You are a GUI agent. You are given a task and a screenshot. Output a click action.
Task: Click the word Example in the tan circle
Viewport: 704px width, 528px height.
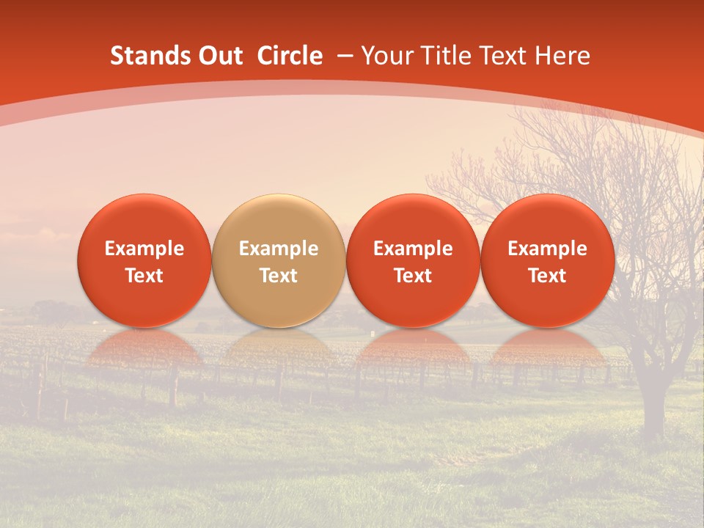point(279,249)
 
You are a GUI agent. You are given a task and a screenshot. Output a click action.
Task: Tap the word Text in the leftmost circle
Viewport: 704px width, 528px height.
point(144,276)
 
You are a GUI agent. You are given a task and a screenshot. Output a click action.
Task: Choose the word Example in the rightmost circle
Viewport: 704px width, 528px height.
point(548,249)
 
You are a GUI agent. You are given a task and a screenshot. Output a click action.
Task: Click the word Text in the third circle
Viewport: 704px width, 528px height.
point(413,276)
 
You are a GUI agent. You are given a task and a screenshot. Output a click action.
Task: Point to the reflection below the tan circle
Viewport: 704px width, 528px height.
point(279,348)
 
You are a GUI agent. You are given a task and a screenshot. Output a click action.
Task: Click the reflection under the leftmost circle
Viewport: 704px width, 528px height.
point(144,348)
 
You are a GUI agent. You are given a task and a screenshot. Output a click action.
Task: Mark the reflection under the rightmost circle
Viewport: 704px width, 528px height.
point(548,348)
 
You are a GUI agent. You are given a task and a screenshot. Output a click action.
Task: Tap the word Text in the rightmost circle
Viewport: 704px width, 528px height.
point(548,276)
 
